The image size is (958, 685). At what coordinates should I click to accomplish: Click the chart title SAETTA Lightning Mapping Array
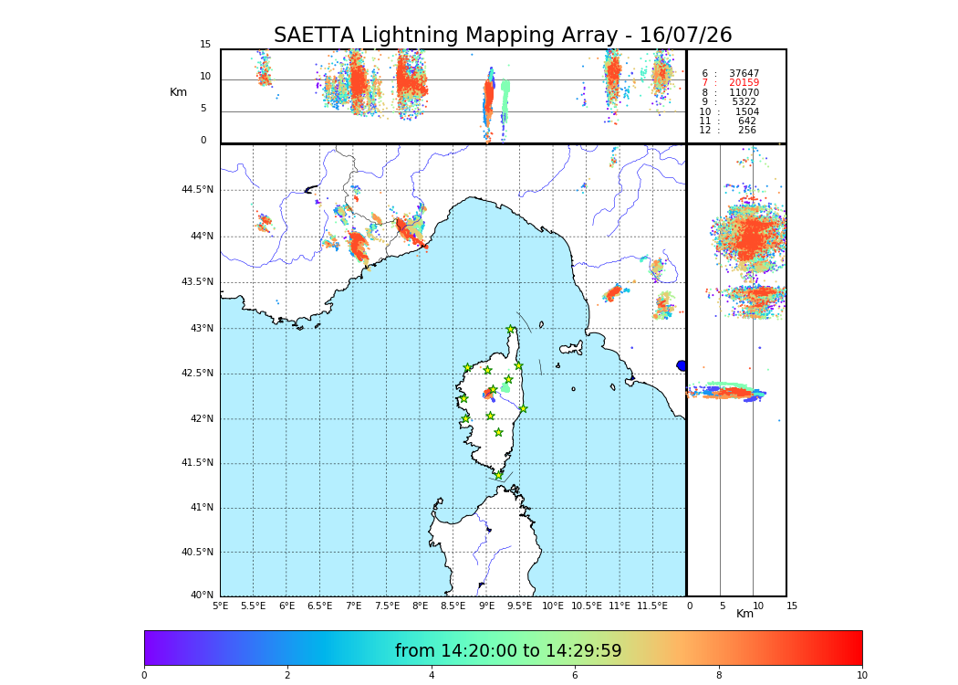click(503, 36)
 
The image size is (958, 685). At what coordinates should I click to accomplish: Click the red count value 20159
click(744, 83)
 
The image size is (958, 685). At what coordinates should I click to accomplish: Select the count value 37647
click(744, 73)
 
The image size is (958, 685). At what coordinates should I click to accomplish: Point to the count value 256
click(747, 131)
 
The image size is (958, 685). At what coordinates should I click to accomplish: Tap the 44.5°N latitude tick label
click(197, 190)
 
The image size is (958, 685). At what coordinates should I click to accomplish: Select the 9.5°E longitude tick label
click(520, 606)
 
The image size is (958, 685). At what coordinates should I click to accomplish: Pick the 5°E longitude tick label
click(221, 606)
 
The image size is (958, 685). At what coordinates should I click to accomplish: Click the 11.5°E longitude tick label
click(652, 606)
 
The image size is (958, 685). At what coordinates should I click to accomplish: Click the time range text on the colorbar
click(508, 651)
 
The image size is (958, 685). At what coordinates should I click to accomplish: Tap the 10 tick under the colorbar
click(861, 676)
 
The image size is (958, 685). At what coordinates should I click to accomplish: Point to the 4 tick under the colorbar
click(432, 676)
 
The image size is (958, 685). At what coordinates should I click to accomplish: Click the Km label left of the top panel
click(179, 92)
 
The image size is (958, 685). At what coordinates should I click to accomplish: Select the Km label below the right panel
click(745, 614)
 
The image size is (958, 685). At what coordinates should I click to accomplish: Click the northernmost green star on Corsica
click(511, 330)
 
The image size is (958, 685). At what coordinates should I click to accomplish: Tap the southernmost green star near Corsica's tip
click(499, 475)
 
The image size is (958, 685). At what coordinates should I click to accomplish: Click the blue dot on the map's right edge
click(682, 365)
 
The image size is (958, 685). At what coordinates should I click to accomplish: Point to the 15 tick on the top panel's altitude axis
click(205, 45)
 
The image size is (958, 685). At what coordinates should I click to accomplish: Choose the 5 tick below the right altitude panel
click(722, 606)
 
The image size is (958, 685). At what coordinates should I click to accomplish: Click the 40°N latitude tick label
click(202, 595)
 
